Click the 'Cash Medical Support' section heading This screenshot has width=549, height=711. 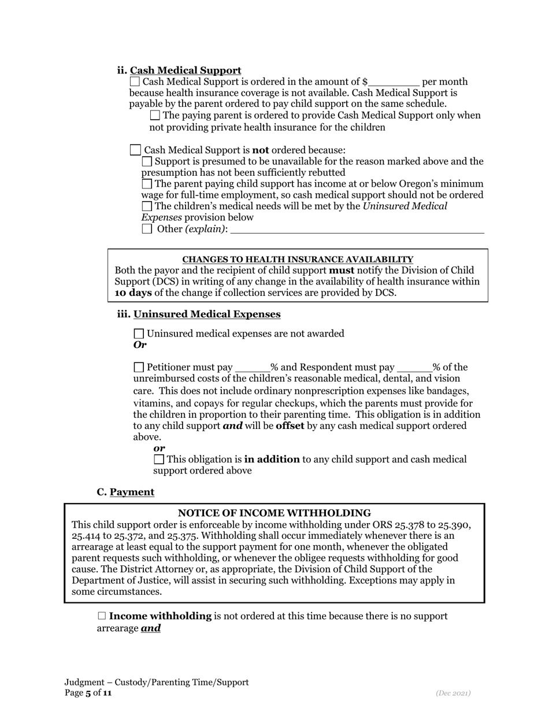click(186, 71)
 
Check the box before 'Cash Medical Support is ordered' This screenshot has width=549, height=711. click(135, 82)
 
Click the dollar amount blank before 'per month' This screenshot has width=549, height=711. click(394, 82)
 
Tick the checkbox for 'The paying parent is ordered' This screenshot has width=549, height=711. click(155, 116)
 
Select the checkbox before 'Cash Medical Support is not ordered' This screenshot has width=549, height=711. click(135, 150)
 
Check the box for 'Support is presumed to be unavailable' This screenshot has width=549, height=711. click(147, 162)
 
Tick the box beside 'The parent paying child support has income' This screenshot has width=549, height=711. click(147, 184)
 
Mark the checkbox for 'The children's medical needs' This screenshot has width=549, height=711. click(147, 206)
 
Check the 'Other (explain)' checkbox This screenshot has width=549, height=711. click(147, 229)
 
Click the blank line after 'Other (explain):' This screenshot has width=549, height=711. click(357, 229)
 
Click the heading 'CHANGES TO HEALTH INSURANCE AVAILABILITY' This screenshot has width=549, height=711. click(298, 260)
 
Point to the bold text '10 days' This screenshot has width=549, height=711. click(133, 292)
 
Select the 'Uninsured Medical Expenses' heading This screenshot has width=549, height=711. click(207, 314)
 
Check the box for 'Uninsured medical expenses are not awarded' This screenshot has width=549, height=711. click(139, 334)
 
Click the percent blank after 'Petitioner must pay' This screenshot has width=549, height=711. click(253, 368)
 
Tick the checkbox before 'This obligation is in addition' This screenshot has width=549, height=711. click(159, 460)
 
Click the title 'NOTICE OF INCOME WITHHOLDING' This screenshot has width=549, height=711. click(274, 513)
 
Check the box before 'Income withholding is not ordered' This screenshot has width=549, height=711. click(102, 616)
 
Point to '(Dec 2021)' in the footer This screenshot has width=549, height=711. click(453, 693)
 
